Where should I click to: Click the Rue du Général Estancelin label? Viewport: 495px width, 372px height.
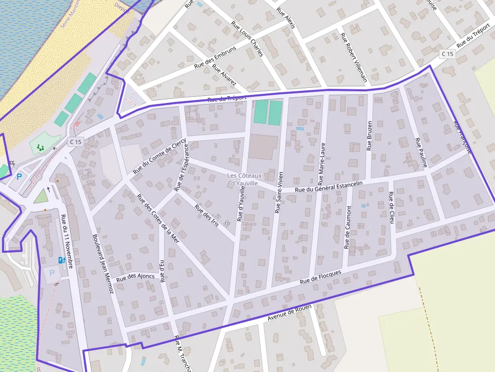tap(329, 187)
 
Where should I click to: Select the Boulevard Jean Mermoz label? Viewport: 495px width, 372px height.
tap(103, 264)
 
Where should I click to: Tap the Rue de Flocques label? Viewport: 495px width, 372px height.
tap(320, 277)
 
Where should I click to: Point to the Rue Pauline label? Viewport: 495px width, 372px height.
tap(421, 152)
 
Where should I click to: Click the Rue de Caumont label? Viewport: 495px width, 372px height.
tap(348, 227)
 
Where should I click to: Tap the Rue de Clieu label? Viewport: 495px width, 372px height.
tap(391, 207)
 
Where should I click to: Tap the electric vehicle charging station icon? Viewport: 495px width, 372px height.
tap(62, 260)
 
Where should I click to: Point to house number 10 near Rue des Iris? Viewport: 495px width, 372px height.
tap(227, 223)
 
